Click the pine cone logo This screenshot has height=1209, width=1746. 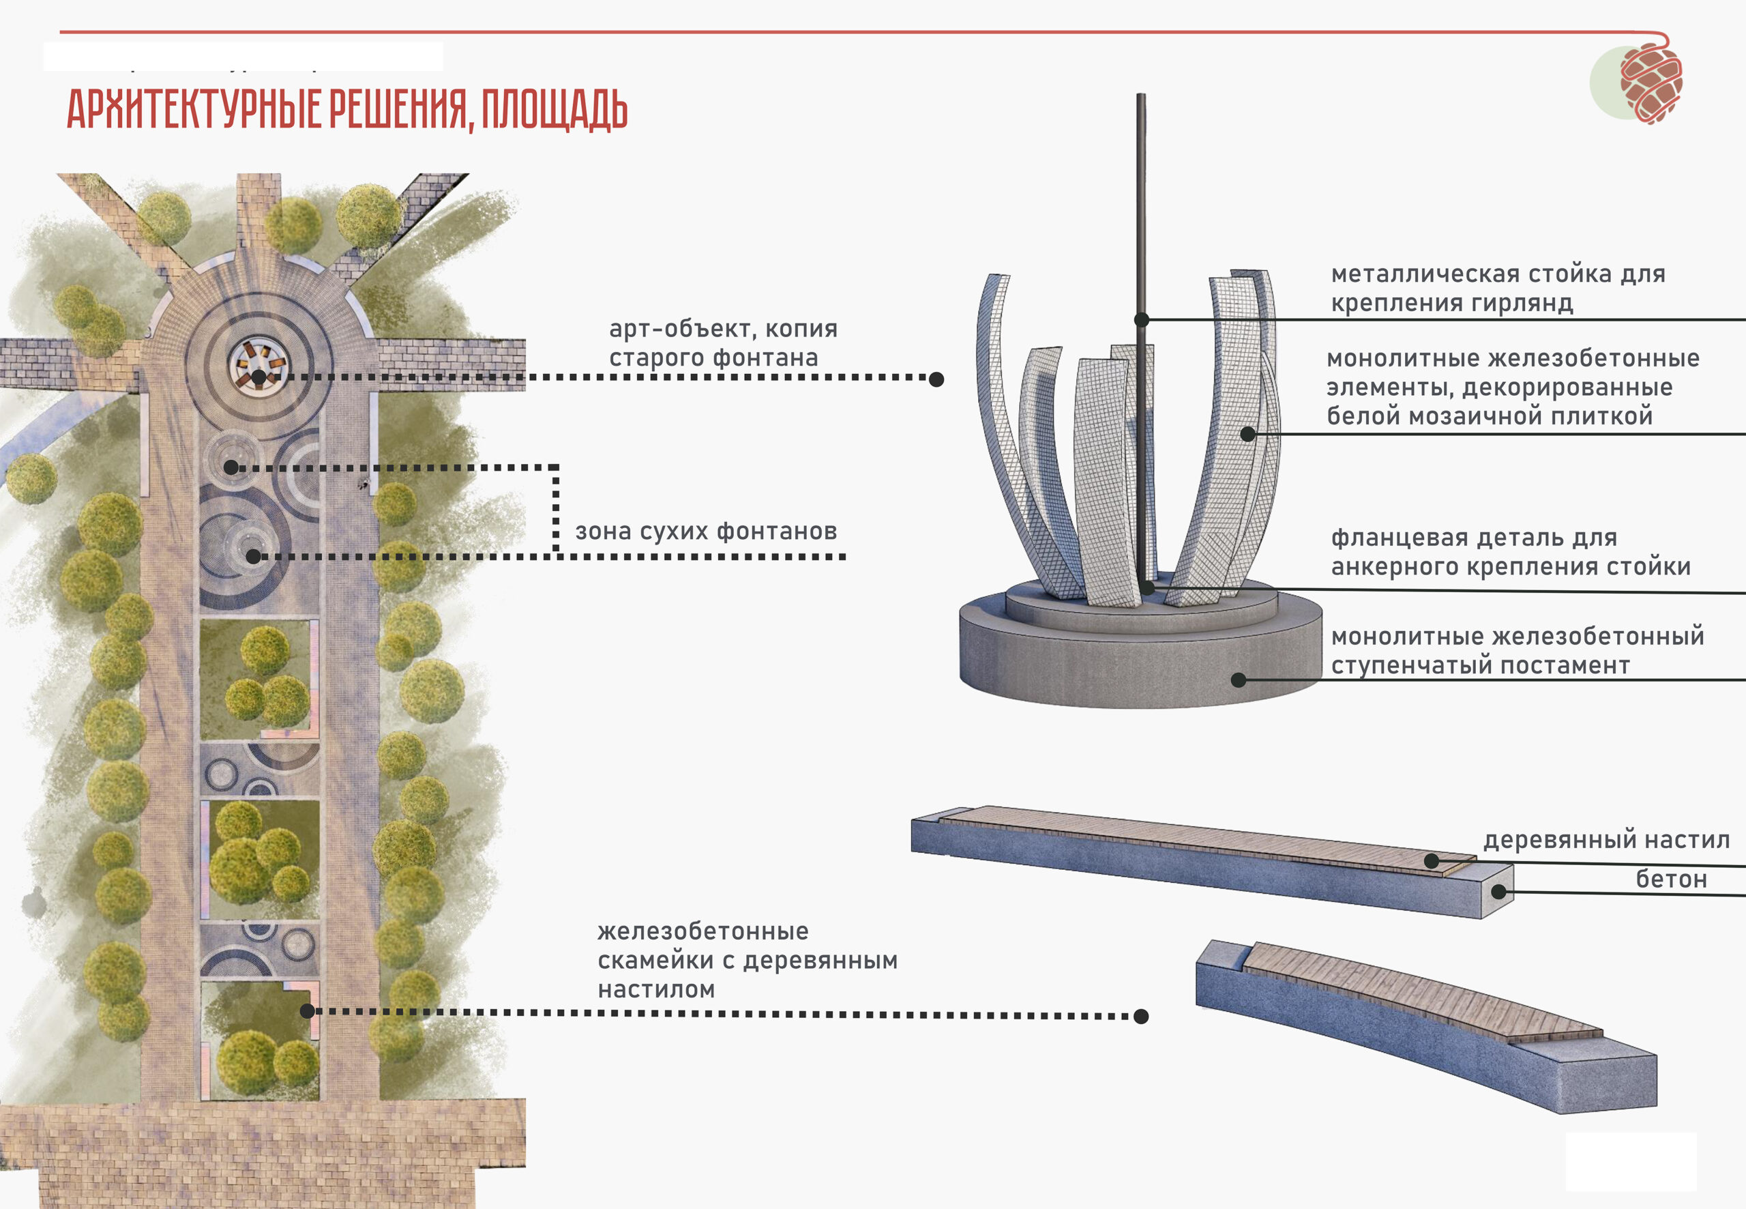coord(1651,82)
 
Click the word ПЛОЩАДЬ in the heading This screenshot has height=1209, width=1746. coord(554,109)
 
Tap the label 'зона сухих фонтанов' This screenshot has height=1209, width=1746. coord(706,531)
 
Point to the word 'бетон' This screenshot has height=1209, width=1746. coord(1671,879)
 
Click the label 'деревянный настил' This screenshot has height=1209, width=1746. coord(1606,839)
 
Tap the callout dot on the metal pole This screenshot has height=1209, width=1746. coord(1142,320)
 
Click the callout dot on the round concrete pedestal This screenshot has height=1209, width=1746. coord(1239,680)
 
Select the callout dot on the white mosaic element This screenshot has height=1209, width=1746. coord(1248,434)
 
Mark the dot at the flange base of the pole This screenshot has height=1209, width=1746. coord(1148,587)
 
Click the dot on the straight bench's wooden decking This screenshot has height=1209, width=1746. coord(1431,860)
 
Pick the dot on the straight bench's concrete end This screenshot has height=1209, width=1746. coord(1498,892)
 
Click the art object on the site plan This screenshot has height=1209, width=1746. coord(257,364)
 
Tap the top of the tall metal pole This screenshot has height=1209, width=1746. coord(1141,96)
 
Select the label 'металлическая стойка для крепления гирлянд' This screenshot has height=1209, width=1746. coord(1498,288)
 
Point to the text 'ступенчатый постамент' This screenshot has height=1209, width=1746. coord(1480,665)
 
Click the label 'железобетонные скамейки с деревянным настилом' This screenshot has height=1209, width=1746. coord(748,960)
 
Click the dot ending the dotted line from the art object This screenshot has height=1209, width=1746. coord(936,379)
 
